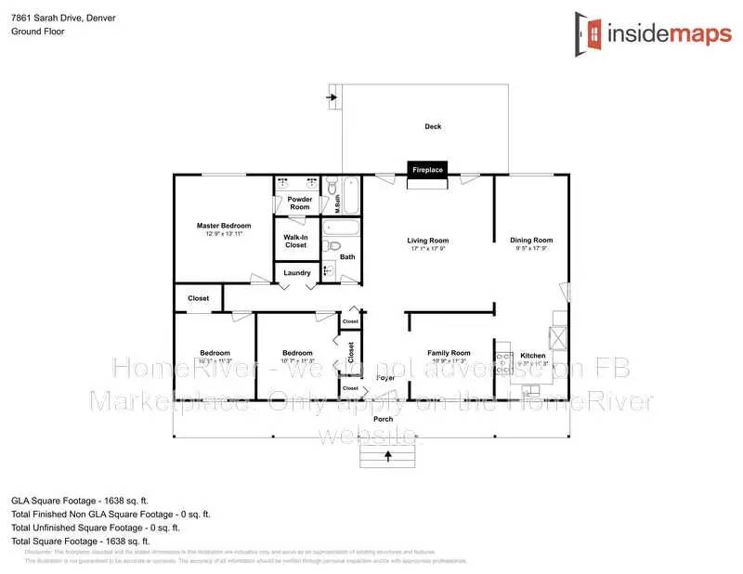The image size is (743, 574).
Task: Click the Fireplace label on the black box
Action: tap(428, 170)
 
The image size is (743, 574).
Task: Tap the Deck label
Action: tap(433, 126)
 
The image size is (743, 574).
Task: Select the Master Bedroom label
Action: tap(224, 226)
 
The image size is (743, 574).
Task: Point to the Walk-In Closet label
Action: tap(295, 241)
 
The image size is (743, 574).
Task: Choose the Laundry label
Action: tap(297, 272)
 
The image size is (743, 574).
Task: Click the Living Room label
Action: tap(429, 241)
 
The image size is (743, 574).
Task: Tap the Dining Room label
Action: tap(531, 241)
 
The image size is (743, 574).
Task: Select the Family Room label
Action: tap(449, 353)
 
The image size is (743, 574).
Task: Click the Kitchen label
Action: tap(532, 356)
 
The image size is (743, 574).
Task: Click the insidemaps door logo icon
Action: tap(587, 34)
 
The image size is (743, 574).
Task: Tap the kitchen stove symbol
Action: tap(503, 358)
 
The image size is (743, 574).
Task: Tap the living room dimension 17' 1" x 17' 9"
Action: tap(429, 249)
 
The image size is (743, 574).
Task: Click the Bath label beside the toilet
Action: tap(347, 256)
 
